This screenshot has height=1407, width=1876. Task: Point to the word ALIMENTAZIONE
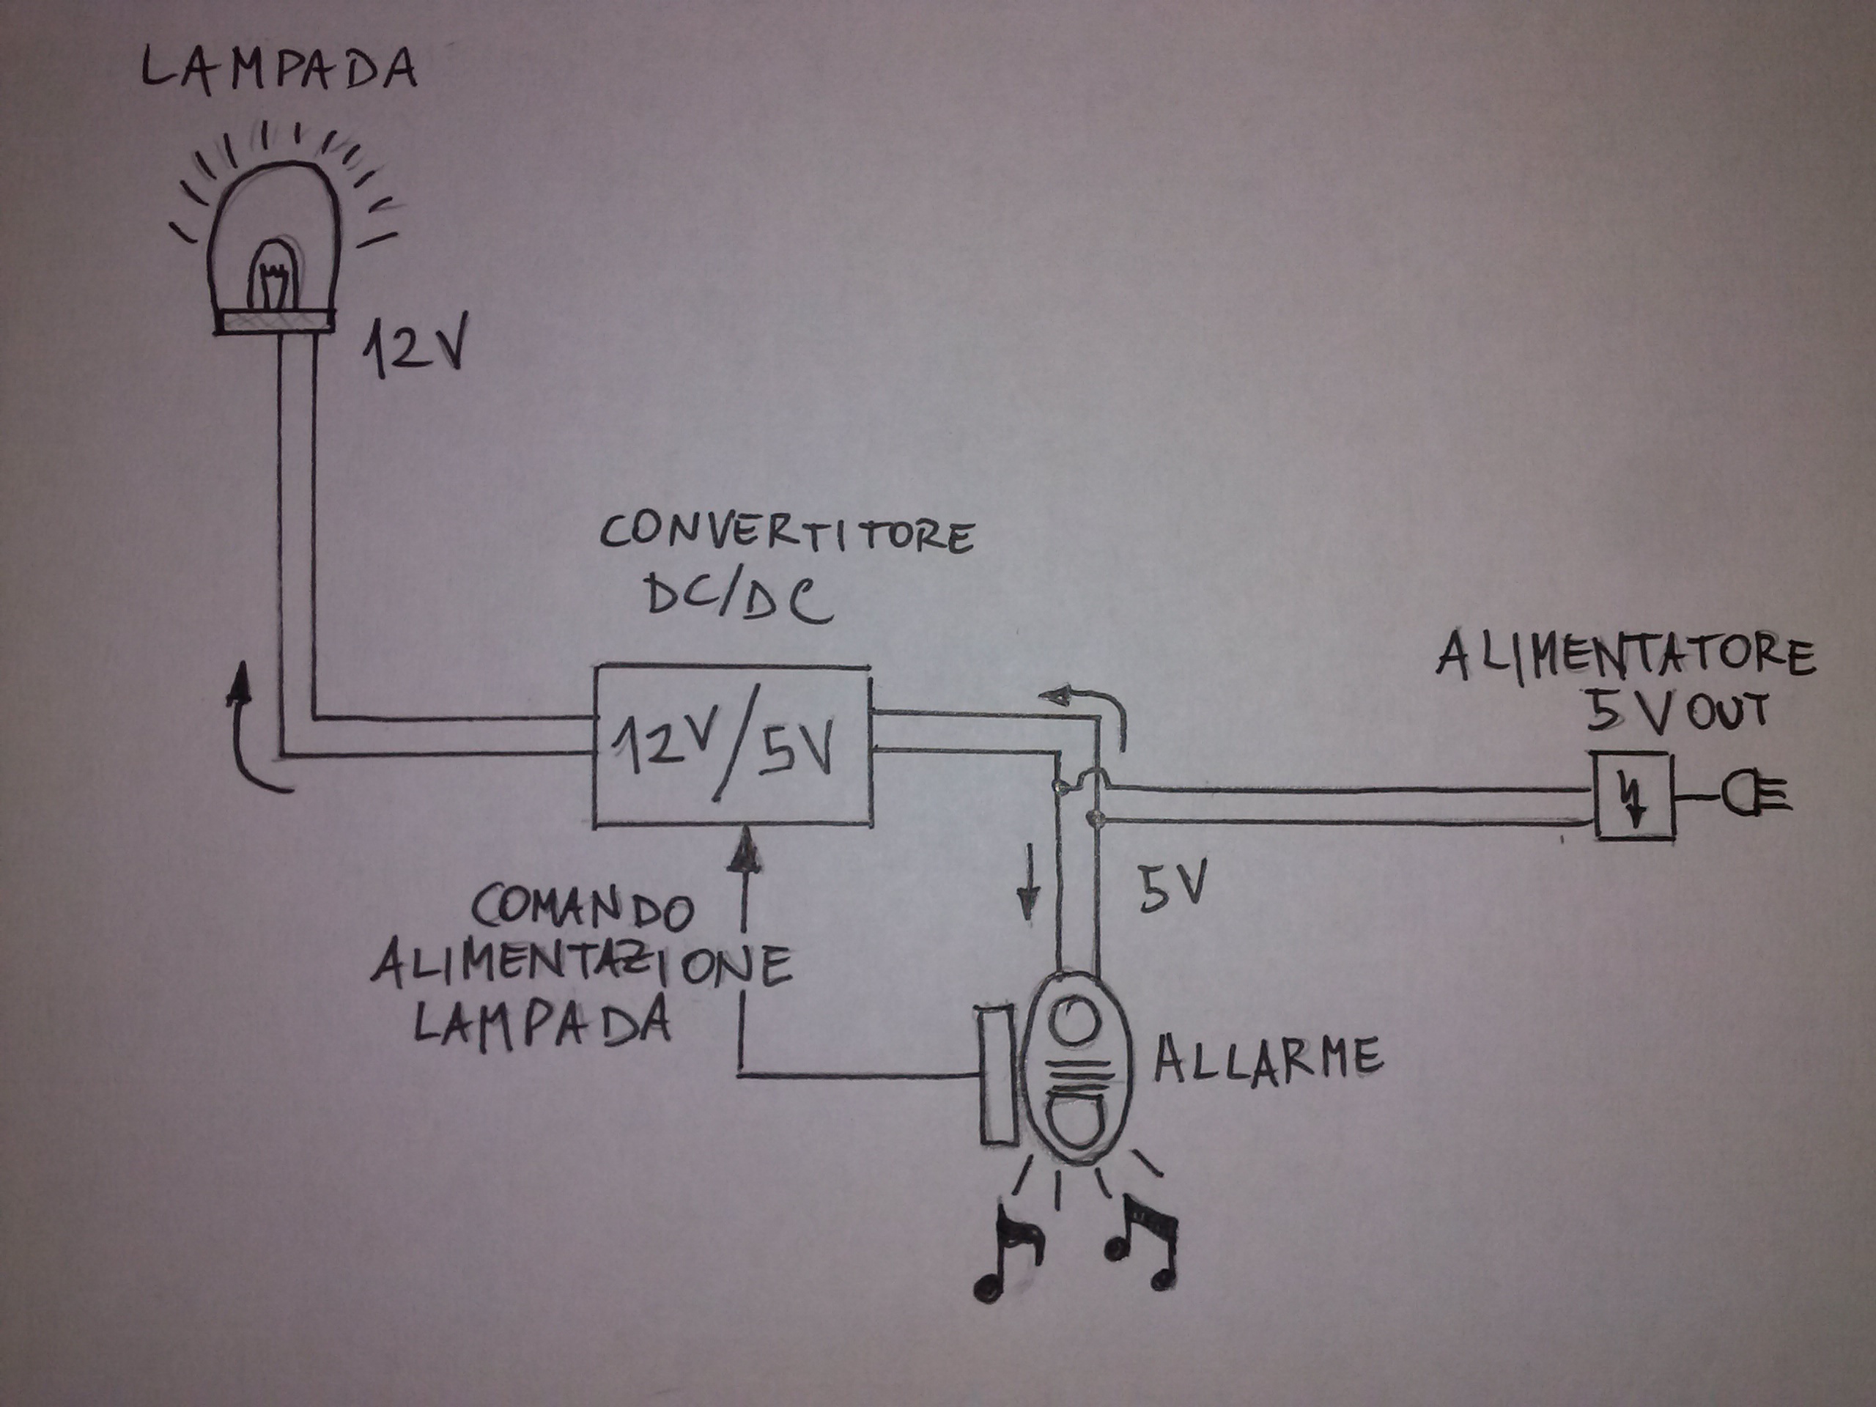coord(582,966)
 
